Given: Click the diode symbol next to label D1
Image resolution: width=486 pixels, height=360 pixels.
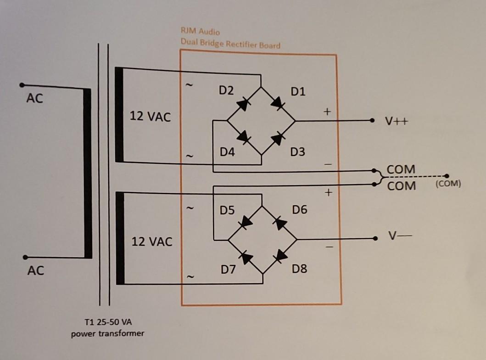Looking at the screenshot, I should point(278,104).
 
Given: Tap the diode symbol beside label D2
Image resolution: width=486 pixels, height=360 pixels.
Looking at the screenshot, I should point(243,104).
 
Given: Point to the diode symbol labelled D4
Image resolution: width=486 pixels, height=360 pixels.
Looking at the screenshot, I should point(243,137).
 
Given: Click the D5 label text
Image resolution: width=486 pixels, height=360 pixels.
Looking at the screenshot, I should point(227,211).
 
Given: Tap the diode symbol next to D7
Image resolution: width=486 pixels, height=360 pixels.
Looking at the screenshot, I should point(246,258).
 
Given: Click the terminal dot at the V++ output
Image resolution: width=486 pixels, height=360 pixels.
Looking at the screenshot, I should point(372,121).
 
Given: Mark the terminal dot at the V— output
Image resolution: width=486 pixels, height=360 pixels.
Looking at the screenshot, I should point(376,239).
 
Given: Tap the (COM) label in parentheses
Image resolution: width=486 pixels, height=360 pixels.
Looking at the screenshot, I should point(448,184).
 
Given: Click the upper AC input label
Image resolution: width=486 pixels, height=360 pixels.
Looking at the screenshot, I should point(34,98).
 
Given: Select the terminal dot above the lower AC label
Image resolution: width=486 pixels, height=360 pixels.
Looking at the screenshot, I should point(25,257).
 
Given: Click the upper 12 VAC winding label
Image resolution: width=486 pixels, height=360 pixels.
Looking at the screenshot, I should point(150,117).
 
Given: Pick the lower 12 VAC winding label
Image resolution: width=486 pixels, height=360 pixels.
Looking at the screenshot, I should point(152,242).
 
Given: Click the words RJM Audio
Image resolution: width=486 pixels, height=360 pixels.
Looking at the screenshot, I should point(201,32).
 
